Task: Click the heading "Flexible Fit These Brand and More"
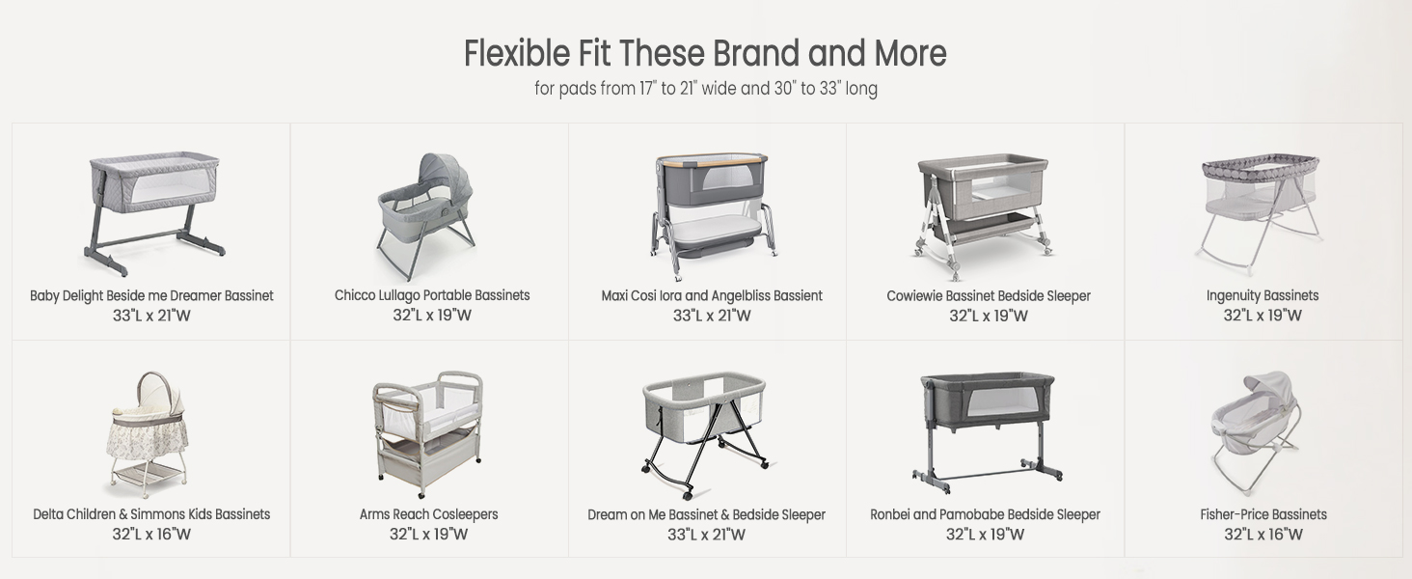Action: [705, 53]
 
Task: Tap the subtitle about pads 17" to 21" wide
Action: [705, 89]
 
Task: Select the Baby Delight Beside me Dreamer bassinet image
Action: [151, 213]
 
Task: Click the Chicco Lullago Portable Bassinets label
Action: [432, 295]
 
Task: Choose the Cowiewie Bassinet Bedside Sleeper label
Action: [989, 296]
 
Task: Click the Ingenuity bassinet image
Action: [1262, 212]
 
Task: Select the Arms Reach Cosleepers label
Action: [428, 514]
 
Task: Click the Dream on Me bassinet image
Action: [705, 432]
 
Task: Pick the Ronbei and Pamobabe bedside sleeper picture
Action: [987, 431]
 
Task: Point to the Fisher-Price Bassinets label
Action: [1263, 514]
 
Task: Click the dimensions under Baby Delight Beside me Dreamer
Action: [151, 316]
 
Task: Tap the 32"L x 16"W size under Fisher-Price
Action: [1263, 535]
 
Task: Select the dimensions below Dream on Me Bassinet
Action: [706, 535]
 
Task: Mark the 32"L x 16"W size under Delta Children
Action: [151, 535]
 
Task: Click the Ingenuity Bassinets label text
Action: [1262, 296]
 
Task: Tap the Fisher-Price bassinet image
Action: [1255, 430]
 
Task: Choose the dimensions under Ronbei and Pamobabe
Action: [985, 535]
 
